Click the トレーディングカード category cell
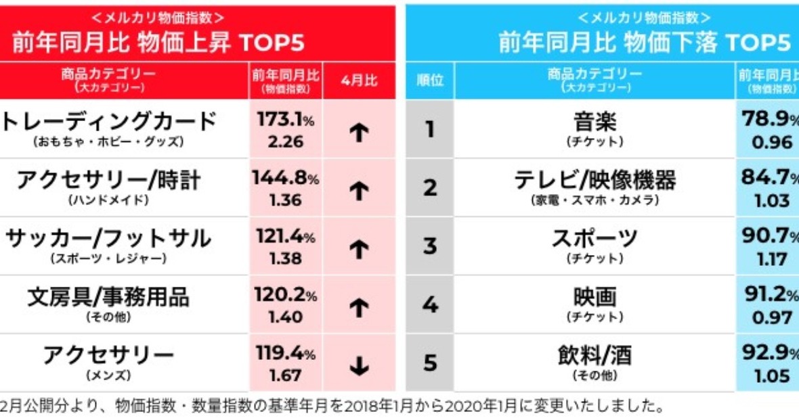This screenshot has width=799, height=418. pyautogui.click(x=108, y=122)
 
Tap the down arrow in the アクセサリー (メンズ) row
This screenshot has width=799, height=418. pyautogui.click(x=359, y=366)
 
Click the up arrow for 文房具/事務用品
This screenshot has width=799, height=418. pyautogui.click(x=359, y=308)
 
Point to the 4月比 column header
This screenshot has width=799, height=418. pyautogui.click(x=359, y=80)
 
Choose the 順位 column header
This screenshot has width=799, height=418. pyautogui.click(x=430, y=80)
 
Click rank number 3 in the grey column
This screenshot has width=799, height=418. pyautogui.click(x=430, y=246)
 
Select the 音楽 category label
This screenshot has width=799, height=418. pyautogui.click(x=595, y=122)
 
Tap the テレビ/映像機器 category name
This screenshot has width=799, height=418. pyautogui.click(x=595, y=181)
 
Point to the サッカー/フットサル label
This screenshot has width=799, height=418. pyautogui.click(x=108, y=239)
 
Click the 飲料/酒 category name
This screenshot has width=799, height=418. pyautogui.click(x=595, y=355)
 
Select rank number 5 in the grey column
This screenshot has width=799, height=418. pyautogui.click(x=430, y=363)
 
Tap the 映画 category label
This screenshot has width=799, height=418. pyautogui.click(x=595, y=297)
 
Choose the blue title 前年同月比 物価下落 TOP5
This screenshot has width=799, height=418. pyautogui.click(x=644, y=43)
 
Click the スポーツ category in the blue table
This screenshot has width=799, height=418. pyautogui.click(x=595, y=239)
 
